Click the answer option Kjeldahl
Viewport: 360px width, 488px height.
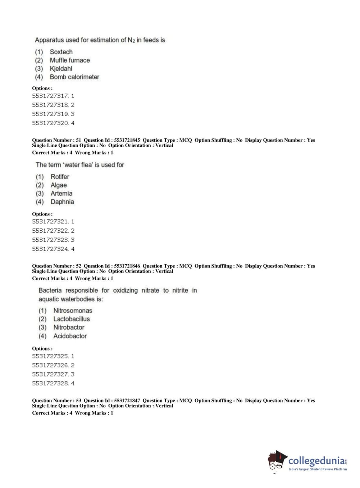coord(61,68)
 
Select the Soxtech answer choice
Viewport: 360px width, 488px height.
coord(61,52)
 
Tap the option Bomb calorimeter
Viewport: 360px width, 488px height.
coord(74,77)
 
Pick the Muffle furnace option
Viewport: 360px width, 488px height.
coord(70,60)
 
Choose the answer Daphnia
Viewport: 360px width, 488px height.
coord(62,202)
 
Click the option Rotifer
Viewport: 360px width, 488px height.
coord(60,177)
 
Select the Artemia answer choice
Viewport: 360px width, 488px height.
coord(61,193)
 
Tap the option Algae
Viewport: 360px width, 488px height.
coord(59,185)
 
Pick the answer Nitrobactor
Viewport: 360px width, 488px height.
coord(69,327)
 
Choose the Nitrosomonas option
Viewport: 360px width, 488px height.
coord(73,311)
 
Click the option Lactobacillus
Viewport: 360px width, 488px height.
coord(72,319)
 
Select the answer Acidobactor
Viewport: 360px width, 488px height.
coord(70,336)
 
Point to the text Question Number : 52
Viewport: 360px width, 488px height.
coord(56,266)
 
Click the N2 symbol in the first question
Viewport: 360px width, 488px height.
coord(131,40)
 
